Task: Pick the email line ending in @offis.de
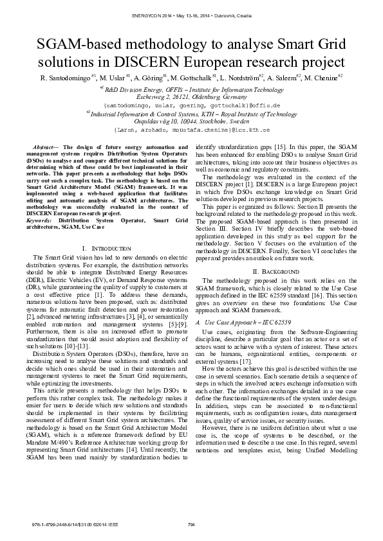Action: [x=192, y=103]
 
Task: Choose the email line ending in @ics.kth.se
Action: [x=192, y=129]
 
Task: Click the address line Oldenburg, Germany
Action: [x=191, y=96]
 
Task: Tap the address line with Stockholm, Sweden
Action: [x=191, y=121]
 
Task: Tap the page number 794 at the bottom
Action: [x=191, y=525]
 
